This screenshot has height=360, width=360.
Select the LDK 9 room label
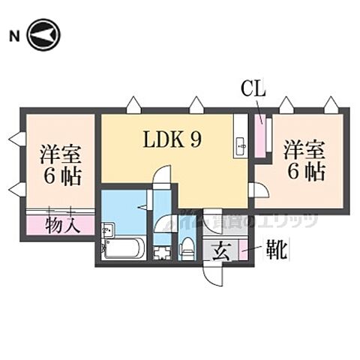click(172, 140)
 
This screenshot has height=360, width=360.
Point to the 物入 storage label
click(61, 225)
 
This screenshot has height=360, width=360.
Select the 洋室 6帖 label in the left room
click(60, 165)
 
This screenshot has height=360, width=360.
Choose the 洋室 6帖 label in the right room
click(304, 160)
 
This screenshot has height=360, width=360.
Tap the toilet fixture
click(188, 247)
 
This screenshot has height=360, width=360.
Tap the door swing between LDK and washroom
click(162, 180)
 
